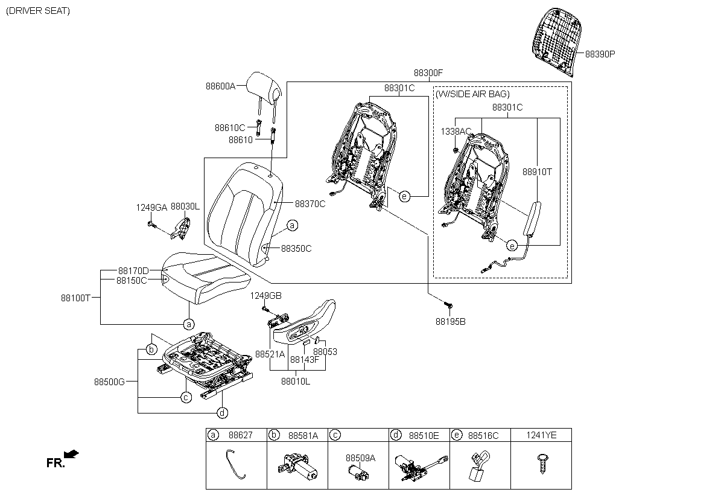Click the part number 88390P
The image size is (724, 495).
[600, 54]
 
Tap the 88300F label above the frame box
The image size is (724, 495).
[428, 73]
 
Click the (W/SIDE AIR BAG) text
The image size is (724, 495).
[472, 94]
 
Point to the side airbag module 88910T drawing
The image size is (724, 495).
[532, 219]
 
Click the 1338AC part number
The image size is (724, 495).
[456, 131]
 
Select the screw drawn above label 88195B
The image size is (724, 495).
[448, 305]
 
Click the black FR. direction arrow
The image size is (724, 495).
[71, 454]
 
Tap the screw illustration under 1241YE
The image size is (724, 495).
[542, 464]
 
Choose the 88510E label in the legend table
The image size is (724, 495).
[424, 436]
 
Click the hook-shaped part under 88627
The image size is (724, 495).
[235, 464]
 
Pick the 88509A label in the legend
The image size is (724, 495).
[360, 458]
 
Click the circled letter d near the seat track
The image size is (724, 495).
[222, 413]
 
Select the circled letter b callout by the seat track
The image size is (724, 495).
[151, 349]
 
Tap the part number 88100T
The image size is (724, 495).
[76, 298]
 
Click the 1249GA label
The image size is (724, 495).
[151, 208]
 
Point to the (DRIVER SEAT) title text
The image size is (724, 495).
[38, 11]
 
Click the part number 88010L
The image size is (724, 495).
[296, 382]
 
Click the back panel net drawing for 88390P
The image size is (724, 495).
[556, 42]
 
